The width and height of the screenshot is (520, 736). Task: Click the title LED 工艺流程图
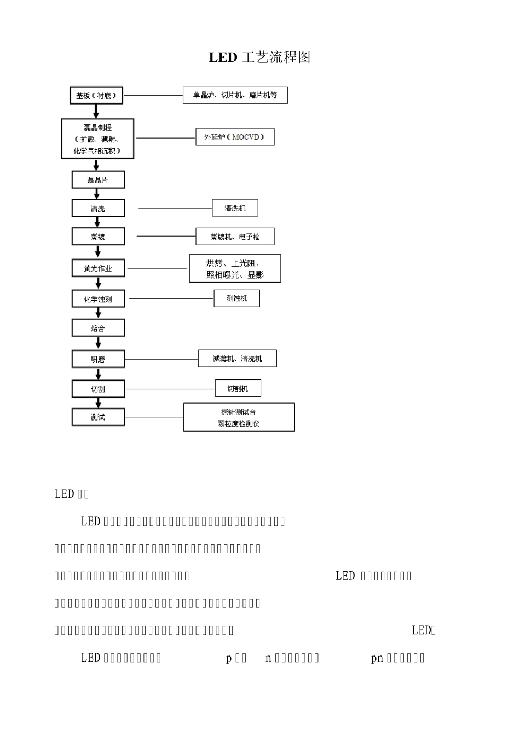pyautogui.click(x=259, y=58)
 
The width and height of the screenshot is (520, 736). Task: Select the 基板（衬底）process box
pyautogui.click(x=96, y=95)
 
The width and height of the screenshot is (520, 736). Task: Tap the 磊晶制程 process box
pyautogui.click(x=97, y=139)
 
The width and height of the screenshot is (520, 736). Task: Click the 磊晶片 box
pyautogui.click(x=98, y=180)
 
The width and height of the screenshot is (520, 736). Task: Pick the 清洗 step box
pyautogui.click(x=98, y=209)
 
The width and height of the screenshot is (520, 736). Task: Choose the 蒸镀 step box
pyautogui.click(x=98, y=237)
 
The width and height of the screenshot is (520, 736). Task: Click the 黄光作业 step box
pyautogui.click(x=98, y=268)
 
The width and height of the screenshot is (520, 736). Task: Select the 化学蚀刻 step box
pyautogui.click(x=98, y=299)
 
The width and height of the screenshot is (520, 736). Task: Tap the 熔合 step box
pyautogui.click(x=98, y=328)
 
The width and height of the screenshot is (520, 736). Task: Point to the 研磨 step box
pyautogui.click(x=98, y=359)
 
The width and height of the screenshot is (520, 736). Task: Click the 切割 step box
pyautogui.click(x=98, y=389)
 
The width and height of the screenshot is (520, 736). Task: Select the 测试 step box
pyautogui.click(x=98, y=417)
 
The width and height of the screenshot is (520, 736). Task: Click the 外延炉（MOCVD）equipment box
pyautogui.click(x=235, y=136)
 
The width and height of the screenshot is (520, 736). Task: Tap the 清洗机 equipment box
pyautogui.click(x=235, y=208)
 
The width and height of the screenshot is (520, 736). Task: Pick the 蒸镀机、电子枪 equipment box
pyautogui.click(x=235, y=237)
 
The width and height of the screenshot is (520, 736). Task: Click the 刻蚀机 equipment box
pyautogui.click(x=236, y=298)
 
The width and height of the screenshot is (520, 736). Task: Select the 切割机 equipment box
pyautogui.click(x=238, y=388)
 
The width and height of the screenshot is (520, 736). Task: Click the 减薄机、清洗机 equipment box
pyautogui.click(x=237, y=359)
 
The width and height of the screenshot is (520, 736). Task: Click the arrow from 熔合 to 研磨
pyautogui.click(x=99, y=343)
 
